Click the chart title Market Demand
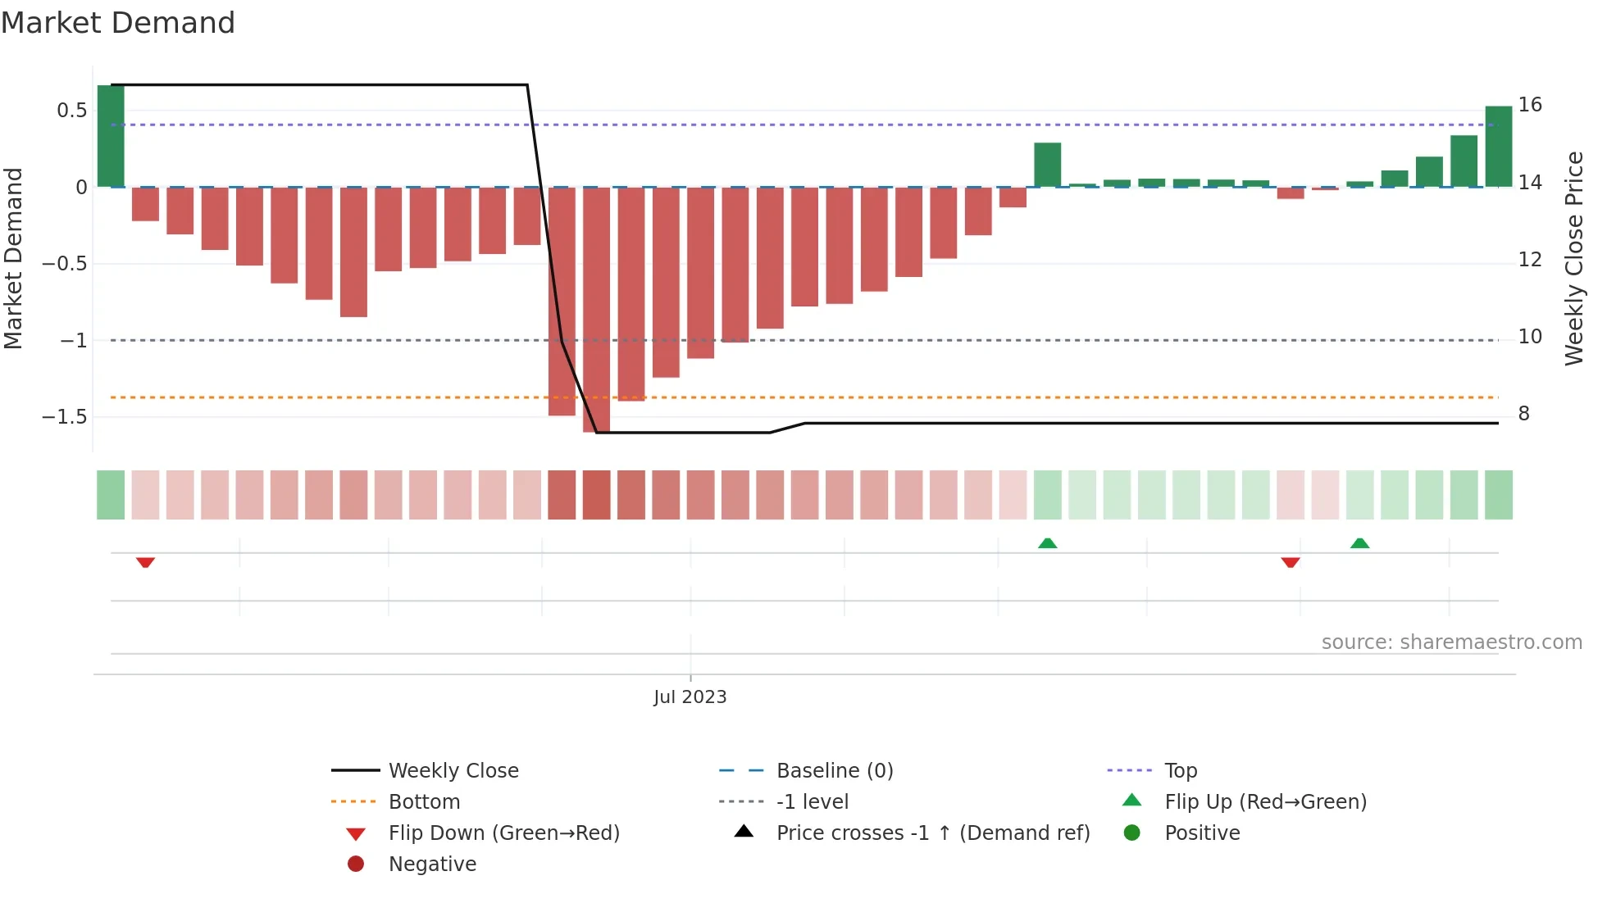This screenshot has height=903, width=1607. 118,23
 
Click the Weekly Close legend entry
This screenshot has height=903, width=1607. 453,770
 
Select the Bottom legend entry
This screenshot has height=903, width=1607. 424,801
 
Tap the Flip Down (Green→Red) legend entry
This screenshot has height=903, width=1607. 503,833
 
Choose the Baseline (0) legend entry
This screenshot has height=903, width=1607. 834,770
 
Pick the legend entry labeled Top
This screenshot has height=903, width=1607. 1180,770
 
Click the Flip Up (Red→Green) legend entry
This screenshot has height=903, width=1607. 1265,801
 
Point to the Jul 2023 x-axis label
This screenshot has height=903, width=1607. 690,697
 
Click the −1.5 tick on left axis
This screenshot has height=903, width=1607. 65,416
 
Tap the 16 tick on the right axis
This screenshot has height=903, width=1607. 1529,105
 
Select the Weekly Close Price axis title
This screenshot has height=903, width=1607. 1574,258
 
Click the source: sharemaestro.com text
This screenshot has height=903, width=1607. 1451,642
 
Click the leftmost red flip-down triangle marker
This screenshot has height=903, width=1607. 145,562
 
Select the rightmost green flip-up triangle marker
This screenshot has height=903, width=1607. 1359,543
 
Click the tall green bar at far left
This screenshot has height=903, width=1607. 111,136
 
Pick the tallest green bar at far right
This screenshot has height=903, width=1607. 1498,147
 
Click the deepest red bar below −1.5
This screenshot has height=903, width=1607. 596,310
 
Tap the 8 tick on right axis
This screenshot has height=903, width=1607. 1523,414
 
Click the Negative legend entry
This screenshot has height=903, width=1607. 432,864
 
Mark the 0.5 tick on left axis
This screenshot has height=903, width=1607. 71,111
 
